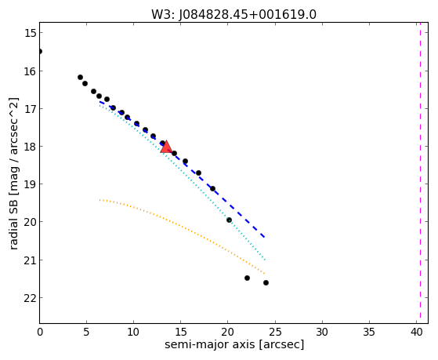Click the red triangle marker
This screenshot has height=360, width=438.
(x=166, y=147)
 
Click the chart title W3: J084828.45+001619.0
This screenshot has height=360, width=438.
(x=233, y=14)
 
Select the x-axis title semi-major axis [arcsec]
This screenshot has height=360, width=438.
(x=234, y=344)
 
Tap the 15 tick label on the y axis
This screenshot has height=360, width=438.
(x=30, y=33)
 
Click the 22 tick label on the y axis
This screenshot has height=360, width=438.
(x=30, y=298)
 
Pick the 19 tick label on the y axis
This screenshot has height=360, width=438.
(x=30, y=184)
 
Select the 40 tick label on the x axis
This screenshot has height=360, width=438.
(x=417, y=332)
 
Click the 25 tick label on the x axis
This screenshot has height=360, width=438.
(x=275, y=332)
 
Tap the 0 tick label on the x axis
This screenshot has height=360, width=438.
(x=40, y=332)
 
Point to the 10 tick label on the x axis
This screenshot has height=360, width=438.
(x=134, y=332)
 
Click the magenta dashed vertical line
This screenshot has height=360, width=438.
(x=420, y=173)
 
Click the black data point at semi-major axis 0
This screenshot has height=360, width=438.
(x=40, y=52)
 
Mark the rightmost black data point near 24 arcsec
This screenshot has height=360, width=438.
(x=266, y=283)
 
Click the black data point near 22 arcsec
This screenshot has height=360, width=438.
(x=247, y=278)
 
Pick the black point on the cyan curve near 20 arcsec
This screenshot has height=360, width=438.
(x=229, y=220)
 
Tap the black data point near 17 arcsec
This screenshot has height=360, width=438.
(x=198, y=173)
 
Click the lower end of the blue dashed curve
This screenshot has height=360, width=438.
(x=264, y=237)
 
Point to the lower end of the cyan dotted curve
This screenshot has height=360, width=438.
(x=265, y=260)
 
